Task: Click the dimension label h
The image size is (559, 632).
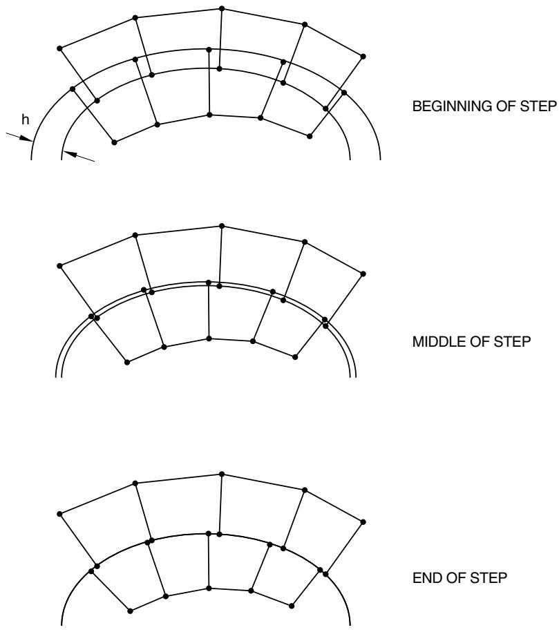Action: click(x=26, y=119)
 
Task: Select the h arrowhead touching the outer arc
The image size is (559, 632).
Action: click(x=27, y=139)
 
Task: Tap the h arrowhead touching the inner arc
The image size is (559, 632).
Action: click(x=67, y=153)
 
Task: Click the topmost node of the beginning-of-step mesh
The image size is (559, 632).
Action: click(x=221, y=8)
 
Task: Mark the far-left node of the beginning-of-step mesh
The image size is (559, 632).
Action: click(x=59, y=48)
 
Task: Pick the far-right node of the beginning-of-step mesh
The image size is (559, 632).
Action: click(x=363, y=57)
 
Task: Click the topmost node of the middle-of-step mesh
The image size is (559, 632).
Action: click(x=221, y=226)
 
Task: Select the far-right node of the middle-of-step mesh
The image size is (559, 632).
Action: click(x=363, y=274)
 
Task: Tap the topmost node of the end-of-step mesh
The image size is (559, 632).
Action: click(x=221, y=474)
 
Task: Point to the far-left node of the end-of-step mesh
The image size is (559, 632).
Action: click(x=59, y=514)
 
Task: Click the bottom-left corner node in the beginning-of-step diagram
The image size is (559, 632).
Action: click(x=114, y=142)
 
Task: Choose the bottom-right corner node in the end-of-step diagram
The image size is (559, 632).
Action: click(x=292, y=605)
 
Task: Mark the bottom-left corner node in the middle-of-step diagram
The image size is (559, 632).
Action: click(x=127, y=363)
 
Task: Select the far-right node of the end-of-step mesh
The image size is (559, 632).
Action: click(x=363, y=522)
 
